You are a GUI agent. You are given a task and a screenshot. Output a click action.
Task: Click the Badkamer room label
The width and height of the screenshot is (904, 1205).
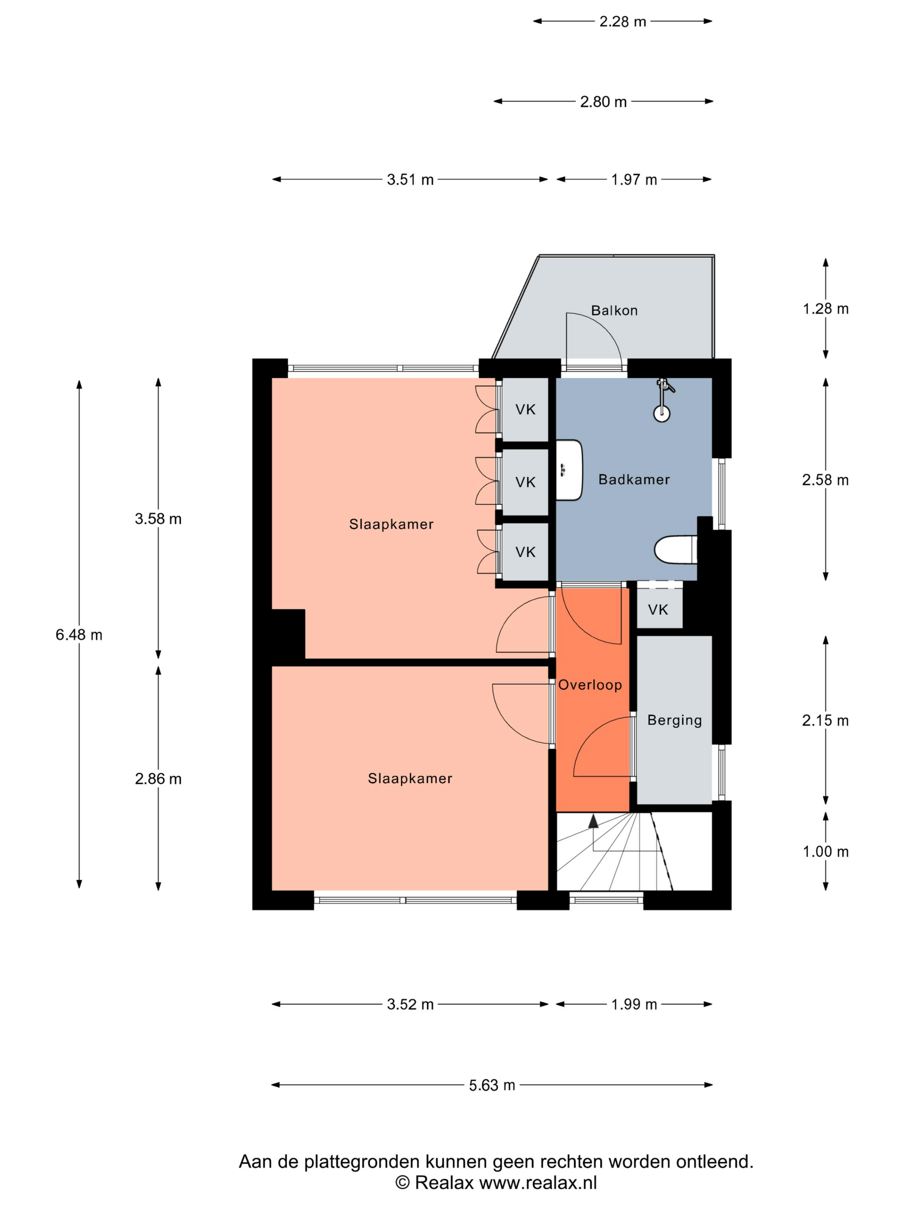(634, 479)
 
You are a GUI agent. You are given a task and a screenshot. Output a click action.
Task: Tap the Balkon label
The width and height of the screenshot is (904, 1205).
(614, 311)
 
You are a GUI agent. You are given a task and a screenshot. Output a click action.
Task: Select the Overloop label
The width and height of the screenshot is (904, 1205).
(590, 685)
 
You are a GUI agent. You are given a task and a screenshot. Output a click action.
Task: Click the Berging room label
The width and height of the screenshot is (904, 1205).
(675, 720)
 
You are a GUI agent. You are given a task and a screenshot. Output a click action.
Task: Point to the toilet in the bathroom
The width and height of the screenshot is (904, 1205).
(676, 550)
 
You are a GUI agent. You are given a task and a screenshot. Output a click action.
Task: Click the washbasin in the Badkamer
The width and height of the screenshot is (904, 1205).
(569, 470)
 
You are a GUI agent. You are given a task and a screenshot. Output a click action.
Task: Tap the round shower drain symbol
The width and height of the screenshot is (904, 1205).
(662, 414)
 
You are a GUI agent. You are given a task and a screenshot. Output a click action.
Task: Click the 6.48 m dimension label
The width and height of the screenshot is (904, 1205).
(79, 635)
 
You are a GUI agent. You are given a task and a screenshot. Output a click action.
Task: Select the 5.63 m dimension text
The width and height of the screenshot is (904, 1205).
(492, 1085)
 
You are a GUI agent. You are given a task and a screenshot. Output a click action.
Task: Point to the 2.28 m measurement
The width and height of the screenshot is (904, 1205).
(623, 22)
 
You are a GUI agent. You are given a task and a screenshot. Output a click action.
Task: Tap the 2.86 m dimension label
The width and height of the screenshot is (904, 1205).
(158, 779)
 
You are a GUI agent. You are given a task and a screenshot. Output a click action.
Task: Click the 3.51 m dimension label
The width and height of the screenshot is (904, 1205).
(410, 180)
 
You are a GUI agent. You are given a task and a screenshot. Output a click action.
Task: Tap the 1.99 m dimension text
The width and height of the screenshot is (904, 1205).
(634, 1004)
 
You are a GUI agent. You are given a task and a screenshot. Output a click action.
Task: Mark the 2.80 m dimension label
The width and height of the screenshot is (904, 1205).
(603, 102)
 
